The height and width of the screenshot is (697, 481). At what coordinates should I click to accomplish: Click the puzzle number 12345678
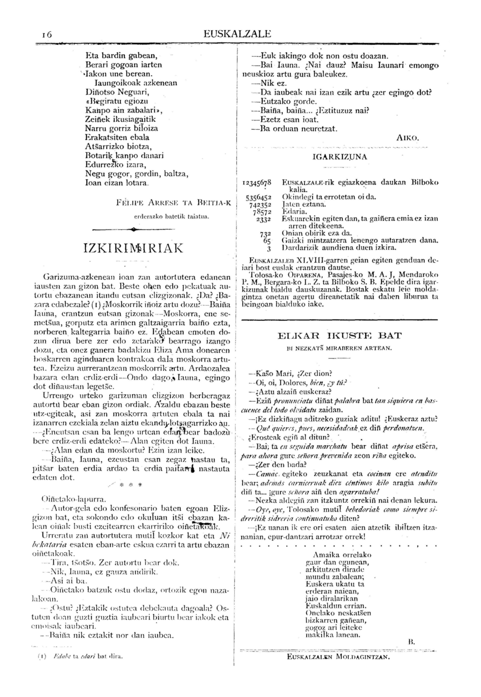coord(257,183)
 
